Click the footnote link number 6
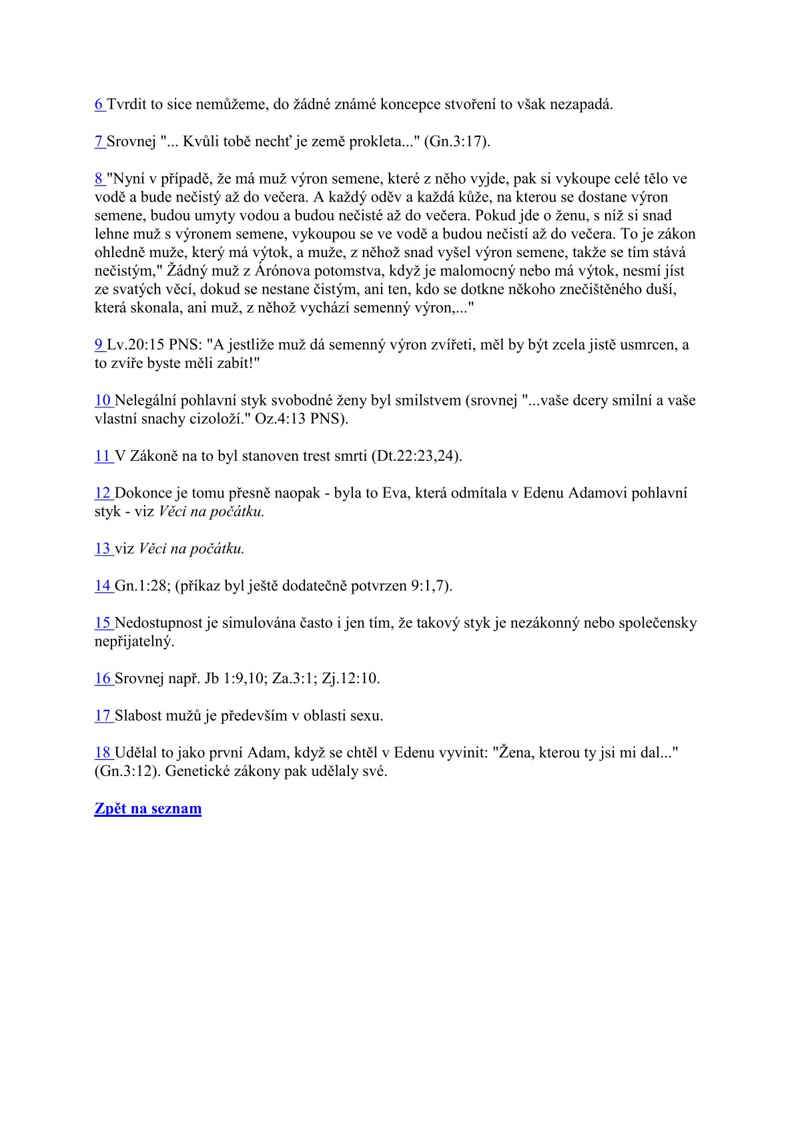coord(98,104)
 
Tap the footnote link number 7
coord(98,142)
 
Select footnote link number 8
coord(98,179)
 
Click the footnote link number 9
coord(98,345)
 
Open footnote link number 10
coord(102,401)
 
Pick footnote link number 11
coord(102,456)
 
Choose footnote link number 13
coord(102,549)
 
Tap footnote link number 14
coord(102,586)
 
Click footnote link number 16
coord(102,679)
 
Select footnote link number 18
coord(102,753)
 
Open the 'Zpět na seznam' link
coord(147,809)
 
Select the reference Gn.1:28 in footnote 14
coord(140,586)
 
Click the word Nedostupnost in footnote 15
coord(159,623)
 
